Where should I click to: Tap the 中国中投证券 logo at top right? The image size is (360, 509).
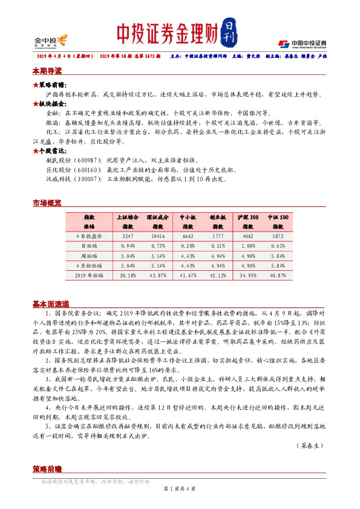pos(303,43)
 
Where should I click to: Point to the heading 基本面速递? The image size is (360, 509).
pos(51,303)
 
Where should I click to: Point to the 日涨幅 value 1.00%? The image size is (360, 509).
pos(247,246)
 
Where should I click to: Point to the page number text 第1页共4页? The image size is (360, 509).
pos(180,488)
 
